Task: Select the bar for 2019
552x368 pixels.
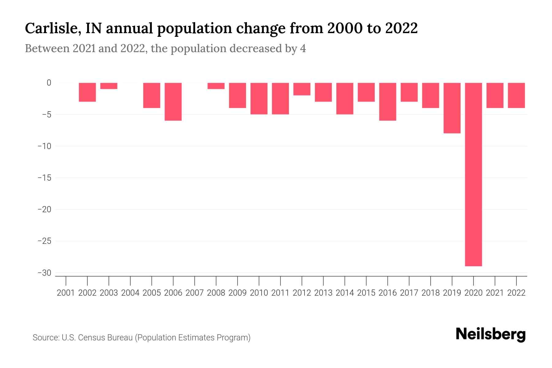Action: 452,108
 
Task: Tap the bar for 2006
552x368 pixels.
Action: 173,102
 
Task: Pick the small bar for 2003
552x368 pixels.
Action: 109,86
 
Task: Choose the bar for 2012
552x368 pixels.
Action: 302,89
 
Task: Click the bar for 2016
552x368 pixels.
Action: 388,102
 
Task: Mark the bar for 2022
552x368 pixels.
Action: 516,95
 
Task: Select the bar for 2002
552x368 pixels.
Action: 87,92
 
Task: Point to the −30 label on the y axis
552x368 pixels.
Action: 44,273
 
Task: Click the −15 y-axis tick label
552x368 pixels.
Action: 44,178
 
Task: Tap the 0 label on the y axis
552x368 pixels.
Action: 49,83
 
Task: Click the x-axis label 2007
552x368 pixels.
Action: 194,293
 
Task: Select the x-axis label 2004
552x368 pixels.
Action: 130,293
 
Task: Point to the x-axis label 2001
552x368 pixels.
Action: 66,293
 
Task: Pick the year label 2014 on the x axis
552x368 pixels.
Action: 345,293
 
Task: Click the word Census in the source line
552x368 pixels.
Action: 90,338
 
